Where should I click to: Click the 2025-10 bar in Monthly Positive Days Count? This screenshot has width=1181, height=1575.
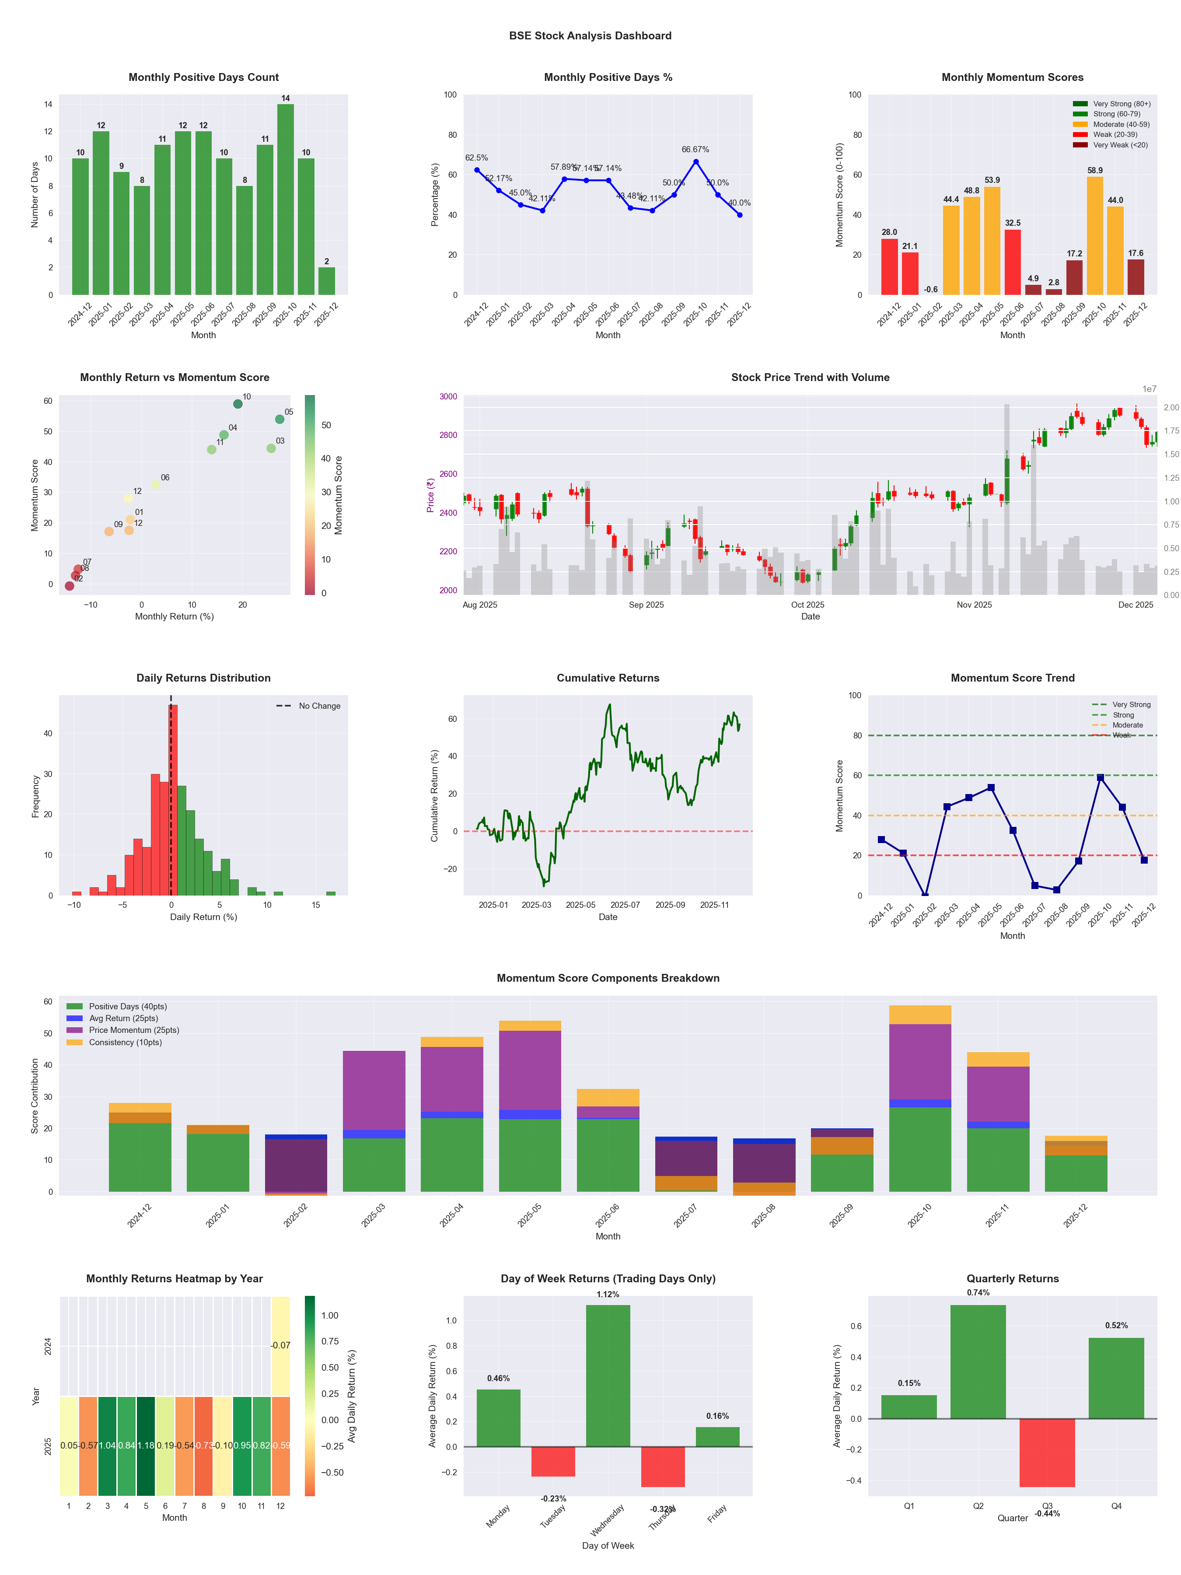(286, 199)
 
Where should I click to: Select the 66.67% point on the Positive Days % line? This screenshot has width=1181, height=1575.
(695, 161)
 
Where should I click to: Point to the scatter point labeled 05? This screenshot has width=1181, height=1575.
(280, 420)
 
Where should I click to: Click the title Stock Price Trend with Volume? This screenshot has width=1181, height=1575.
(810, 378)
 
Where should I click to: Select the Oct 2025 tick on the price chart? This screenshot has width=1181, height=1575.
(807, 605)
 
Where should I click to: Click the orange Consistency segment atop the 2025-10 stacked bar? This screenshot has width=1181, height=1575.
(920, 1015)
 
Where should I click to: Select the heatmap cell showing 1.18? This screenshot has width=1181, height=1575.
(146, 1445)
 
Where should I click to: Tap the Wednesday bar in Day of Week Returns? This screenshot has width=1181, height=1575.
(608, 1375)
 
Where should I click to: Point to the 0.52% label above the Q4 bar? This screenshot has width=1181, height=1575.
(1116, 1326)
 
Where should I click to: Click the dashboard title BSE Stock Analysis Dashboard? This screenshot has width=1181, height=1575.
(590, 35)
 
